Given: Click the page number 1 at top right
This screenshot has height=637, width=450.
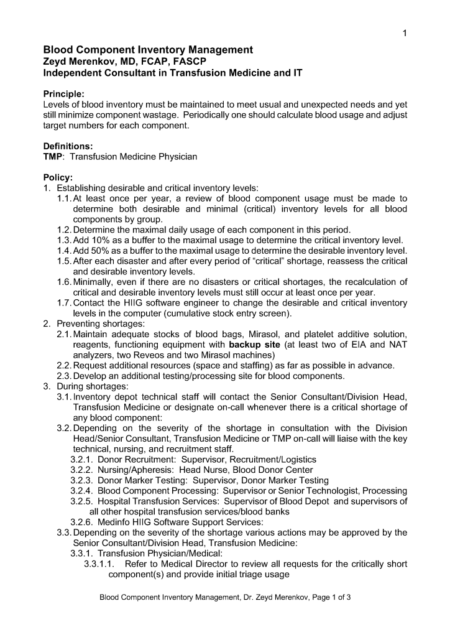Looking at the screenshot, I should (404, 34).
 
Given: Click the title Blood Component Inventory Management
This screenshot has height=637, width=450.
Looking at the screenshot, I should (147, 50).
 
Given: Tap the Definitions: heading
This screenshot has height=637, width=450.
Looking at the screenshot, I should (68, 146).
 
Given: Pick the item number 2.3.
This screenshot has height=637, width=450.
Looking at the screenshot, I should (63, 376).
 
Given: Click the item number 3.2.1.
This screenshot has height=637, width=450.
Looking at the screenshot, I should (81, 459).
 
